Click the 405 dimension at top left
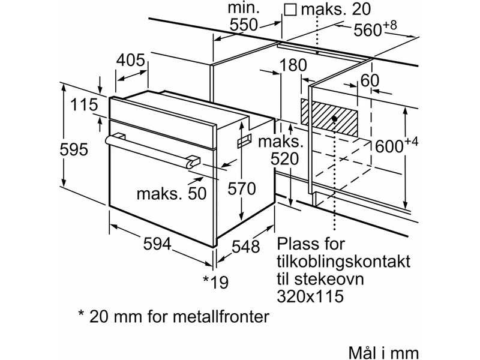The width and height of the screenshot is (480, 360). (131, 61)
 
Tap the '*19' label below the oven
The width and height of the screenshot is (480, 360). (216, 281)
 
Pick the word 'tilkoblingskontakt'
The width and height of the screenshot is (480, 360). (344, 262)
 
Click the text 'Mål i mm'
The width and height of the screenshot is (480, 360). (382, 352)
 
